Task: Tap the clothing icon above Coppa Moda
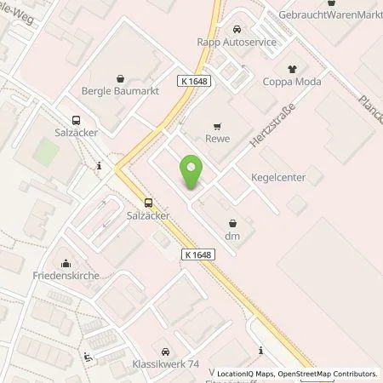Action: coord(293,69)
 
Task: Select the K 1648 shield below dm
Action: coord(195,254)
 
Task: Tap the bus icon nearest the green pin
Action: coord(150,203)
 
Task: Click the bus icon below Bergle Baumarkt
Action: coord(77,122)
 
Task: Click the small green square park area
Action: coord(48,154)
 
